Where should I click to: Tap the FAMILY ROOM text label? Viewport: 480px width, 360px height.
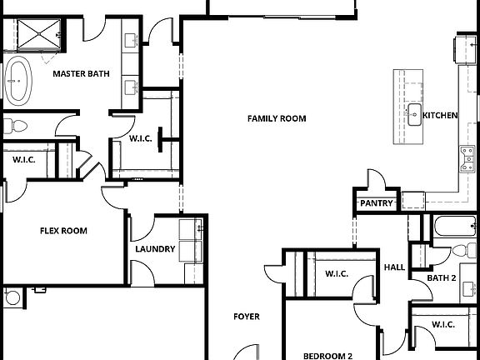277,118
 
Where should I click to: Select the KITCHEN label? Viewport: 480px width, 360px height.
440,115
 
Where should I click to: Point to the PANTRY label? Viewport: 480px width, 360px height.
375,202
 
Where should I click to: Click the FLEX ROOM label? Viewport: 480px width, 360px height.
64,231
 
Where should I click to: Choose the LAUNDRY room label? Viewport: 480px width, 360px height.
155,248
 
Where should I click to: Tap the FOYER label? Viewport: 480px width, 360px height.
246,317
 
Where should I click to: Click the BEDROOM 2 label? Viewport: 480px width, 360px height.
327,356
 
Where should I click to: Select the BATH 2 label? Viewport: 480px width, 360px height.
442,277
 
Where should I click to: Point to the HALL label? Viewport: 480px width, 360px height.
394,267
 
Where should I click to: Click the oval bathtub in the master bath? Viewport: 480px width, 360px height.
17,80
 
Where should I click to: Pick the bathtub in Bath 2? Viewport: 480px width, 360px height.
454,226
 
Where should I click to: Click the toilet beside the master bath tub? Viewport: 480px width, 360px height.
15,127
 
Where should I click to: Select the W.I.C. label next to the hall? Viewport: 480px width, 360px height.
336,273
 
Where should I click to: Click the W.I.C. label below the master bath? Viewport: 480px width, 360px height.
140,138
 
